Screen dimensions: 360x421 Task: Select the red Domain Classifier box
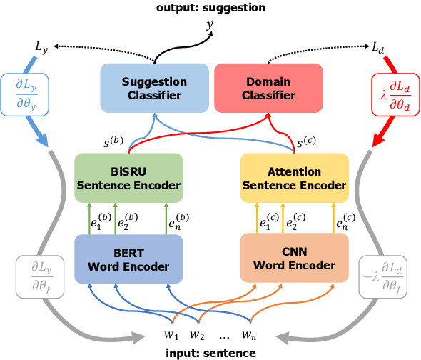pyautogui.click(x=269, y=88)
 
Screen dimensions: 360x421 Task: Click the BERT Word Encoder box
pyautogui.click(x=128, y=259)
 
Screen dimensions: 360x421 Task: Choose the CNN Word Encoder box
pyautogui.click(x=294, y=259)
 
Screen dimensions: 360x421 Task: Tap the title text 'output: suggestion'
pyautogui.click(x=210, y=7)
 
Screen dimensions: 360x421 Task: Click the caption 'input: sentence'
pyautogui.click(x=210, y=353)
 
